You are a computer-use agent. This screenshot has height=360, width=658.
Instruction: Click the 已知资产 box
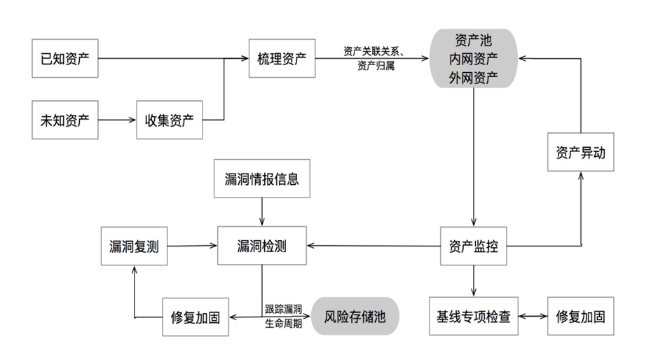click(x=65, y=58)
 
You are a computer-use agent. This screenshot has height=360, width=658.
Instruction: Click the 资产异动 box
click(x=580, y=153)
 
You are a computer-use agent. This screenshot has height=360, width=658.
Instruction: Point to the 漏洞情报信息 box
click(x=262, y=179)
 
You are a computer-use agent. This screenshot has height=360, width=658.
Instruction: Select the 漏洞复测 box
click(x=134, y=245)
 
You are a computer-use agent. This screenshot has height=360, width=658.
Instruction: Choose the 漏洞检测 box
click(x=262, y=245)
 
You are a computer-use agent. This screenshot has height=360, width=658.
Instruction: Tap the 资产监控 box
click(x=473, y=245)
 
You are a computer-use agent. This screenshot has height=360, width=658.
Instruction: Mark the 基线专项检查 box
click(x=473, y=316)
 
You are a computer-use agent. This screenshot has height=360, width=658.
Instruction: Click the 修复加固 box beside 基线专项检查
click(x=580, y=316)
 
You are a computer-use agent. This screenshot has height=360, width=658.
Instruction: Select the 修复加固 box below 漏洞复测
click(x=196, y=317)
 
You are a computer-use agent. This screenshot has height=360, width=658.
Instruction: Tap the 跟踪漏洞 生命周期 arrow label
click(x=283, y=316)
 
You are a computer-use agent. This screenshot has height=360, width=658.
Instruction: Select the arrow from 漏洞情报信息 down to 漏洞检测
click(x=262, y=211)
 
